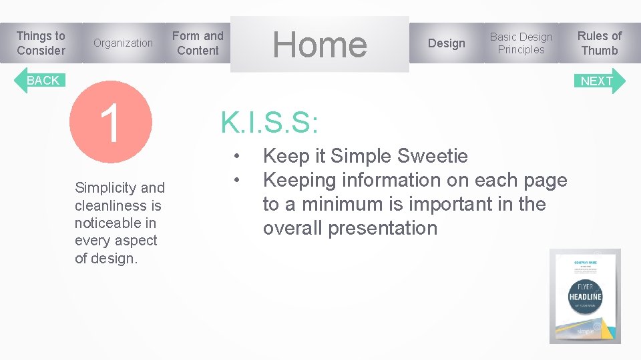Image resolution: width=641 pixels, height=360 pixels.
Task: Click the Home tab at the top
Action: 320,45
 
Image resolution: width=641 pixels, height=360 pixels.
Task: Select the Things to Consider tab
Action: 41,43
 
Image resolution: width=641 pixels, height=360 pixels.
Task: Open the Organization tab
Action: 123,43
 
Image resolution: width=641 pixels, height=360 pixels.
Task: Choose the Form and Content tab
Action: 198,43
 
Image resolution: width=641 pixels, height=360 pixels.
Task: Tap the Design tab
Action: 446,43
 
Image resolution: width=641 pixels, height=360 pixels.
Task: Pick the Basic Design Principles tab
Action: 521,43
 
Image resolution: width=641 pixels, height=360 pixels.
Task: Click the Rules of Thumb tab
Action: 599,43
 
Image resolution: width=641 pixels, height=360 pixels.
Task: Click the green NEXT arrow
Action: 600,81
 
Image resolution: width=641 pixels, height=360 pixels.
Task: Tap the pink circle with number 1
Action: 111,123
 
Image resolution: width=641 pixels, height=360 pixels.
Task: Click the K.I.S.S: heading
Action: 270,123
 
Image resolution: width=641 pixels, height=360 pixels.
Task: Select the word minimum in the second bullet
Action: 347,204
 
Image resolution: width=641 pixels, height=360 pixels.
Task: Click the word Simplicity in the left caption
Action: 106,188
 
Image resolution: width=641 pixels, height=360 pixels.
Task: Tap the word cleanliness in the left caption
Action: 111,205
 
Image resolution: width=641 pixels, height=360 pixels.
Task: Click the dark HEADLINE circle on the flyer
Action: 585,295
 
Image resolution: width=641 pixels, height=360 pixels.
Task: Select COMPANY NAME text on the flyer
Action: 586,263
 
